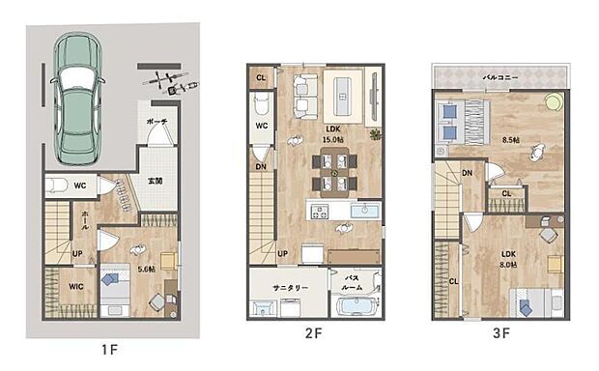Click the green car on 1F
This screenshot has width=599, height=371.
point(80,101)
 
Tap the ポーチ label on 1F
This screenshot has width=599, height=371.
point(157,123)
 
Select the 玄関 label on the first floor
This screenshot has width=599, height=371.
point(155,181)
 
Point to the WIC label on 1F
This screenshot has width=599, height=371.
point(76,286)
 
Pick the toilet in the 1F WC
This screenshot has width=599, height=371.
point(57,185)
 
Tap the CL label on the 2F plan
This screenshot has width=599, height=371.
point(261,77)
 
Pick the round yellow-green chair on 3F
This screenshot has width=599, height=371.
point(554,101)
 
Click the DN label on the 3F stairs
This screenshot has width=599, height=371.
point(468,173)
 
